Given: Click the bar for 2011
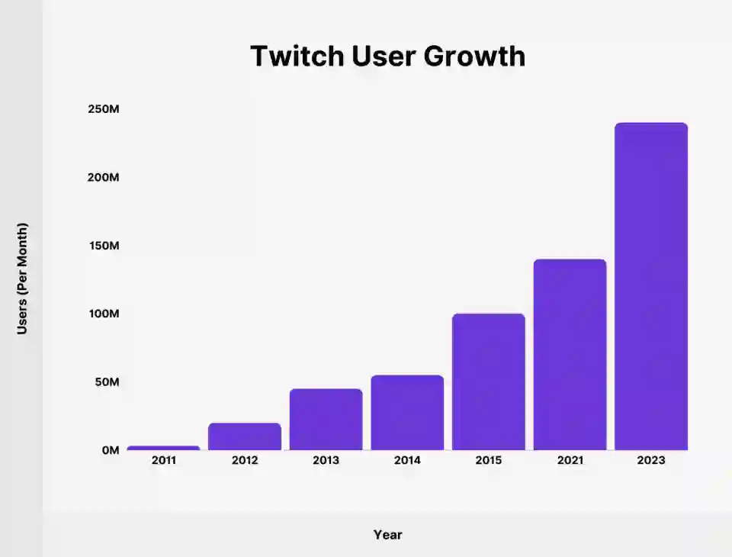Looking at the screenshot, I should click(163, 448).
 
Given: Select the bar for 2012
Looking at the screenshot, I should click(245, 436).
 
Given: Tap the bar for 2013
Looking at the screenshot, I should click(326, 420).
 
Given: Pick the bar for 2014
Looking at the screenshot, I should click(407, 413).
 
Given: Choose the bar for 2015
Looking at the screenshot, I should click(489, 382).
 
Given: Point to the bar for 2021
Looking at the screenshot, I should click(570, 355).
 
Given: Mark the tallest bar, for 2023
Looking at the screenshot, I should click(651, 286).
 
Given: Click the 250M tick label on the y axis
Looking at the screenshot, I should click(104, 109).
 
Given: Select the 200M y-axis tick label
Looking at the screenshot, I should click(104, 177).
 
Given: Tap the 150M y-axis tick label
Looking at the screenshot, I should click(104, 246).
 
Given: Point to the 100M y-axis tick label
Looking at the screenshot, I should click(104, 314).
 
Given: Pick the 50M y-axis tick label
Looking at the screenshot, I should click(107, 382).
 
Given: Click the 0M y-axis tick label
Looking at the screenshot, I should click(111, 450).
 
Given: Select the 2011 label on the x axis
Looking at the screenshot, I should click(163, 461).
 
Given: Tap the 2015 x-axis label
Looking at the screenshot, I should click(489, 461).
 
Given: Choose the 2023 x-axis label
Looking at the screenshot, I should click(651, 461).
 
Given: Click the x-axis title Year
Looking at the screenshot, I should click(387, 535).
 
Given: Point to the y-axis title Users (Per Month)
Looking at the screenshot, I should click(23, 278).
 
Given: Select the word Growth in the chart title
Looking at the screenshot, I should click(478, 56).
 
